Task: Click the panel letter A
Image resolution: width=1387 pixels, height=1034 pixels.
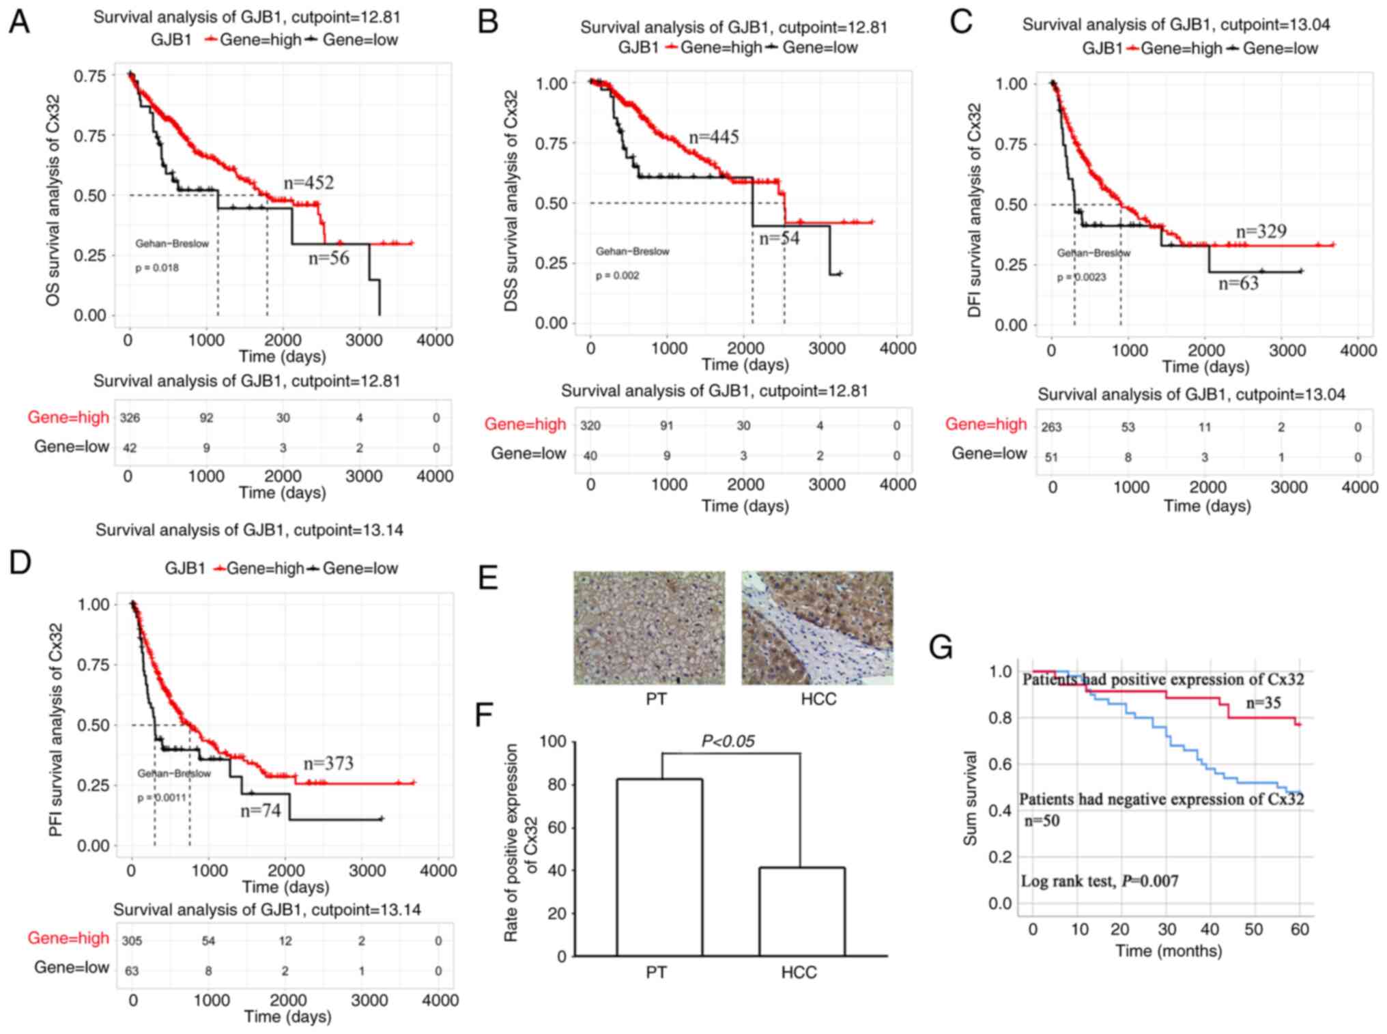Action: point(19,23)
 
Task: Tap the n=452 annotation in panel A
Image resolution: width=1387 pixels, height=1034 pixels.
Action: point(309,183)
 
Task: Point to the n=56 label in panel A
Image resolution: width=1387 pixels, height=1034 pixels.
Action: point(328,257)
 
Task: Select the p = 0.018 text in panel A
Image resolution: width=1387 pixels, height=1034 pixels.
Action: point(157,268)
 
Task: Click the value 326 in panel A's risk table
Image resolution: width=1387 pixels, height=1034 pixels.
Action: point(130,418)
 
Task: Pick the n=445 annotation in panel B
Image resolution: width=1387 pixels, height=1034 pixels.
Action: point(713,137)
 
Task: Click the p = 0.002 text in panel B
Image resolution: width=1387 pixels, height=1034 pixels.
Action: point(618,276)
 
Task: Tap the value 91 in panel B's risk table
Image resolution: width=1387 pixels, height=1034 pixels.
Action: point(666,426)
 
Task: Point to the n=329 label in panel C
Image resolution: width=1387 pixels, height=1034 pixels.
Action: point(1261,231)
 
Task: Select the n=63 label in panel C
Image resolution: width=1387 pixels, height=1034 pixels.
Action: point(1238,283)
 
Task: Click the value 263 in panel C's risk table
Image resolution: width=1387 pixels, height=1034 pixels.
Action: point(1051,427)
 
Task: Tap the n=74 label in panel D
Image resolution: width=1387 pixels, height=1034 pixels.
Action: point(261,811)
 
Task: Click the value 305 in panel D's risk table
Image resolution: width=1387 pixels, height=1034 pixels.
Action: point(132,940)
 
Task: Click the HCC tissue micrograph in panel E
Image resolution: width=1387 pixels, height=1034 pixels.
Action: point(817,628)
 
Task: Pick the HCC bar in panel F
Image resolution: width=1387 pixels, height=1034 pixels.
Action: point(801,911)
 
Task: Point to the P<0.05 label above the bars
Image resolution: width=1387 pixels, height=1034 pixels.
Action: point(728,741)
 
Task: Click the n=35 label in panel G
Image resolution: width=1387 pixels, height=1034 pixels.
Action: point(1263,703)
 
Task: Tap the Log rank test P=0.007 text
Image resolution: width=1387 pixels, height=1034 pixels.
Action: point(1099,881)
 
